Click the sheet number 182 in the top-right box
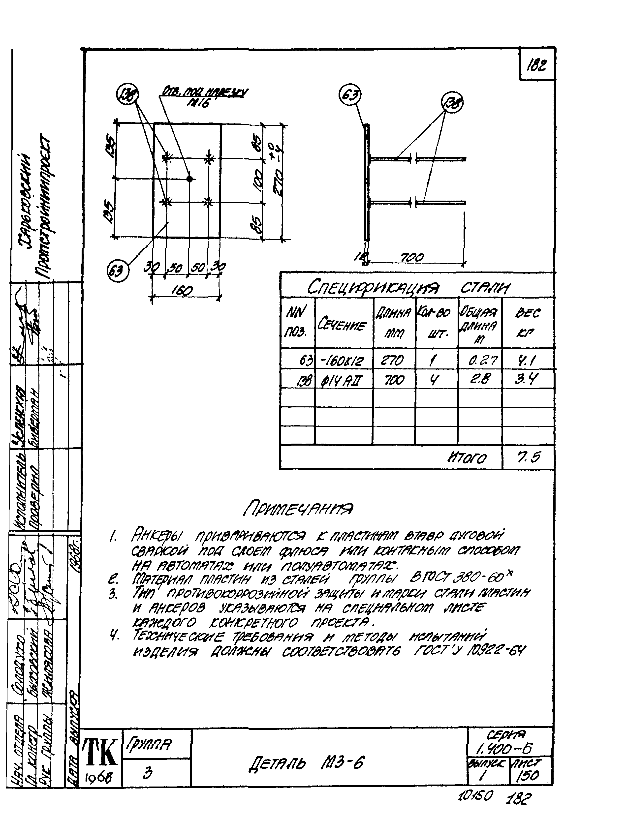(537, 66)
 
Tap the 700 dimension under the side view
(412, 257)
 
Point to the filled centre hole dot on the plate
(189, 179)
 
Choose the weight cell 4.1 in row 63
(527, 361)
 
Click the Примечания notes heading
(298, 508)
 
